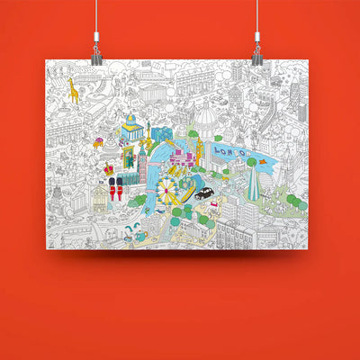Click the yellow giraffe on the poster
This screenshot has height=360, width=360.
click(x=71, y=90)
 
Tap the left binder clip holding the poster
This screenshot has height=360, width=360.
click(x=96, y=53)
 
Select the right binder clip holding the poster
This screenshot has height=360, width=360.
click(x=256, y=53)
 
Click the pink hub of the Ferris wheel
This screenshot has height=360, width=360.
click(x=167, y=190)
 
